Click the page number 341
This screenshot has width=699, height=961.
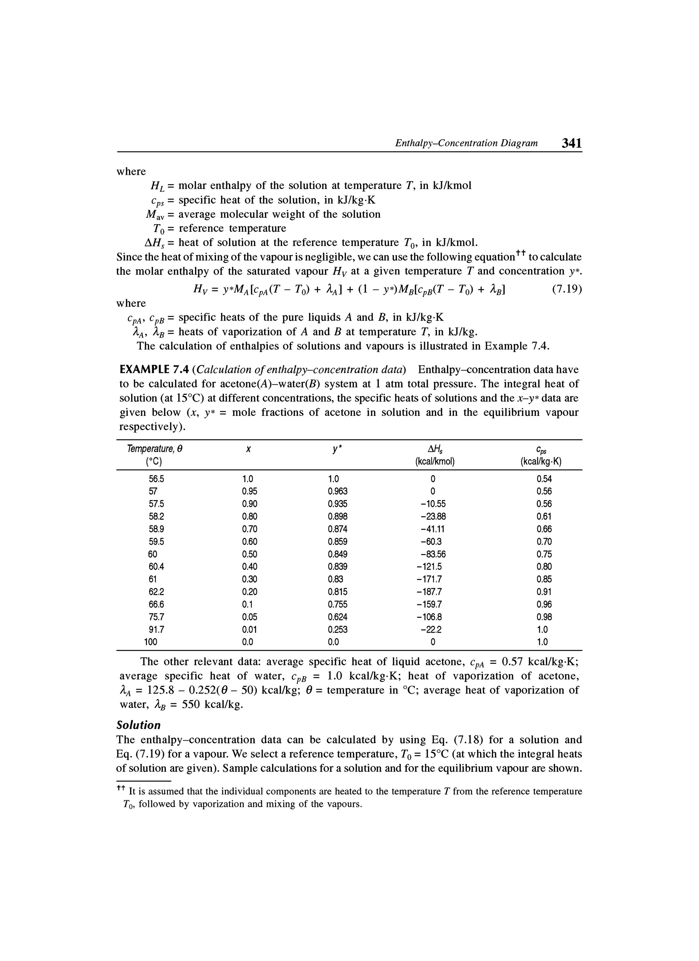(571, 143)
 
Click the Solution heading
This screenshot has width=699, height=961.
(139, 725)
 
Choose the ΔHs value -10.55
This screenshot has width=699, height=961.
(432, 504)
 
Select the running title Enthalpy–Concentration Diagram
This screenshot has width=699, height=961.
(466, 143)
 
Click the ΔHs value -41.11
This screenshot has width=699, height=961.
(432, 529)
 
